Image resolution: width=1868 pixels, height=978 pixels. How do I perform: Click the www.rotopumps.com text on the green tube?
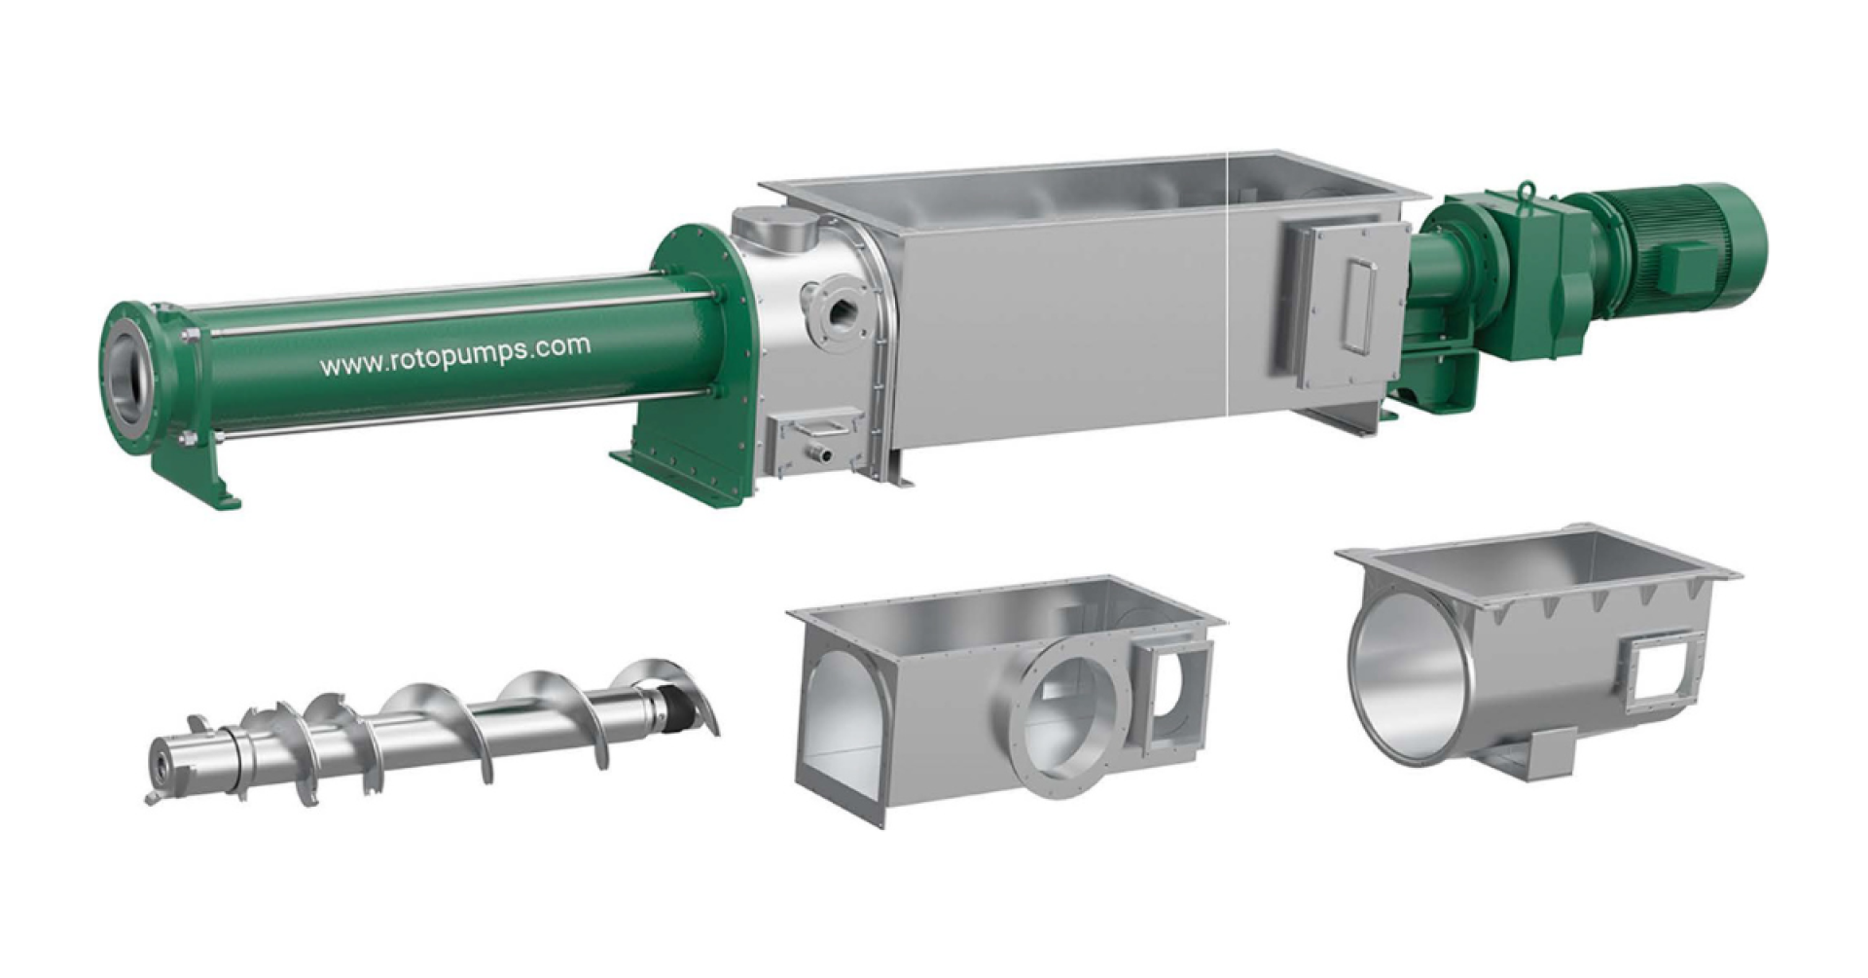pos(454,355)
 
